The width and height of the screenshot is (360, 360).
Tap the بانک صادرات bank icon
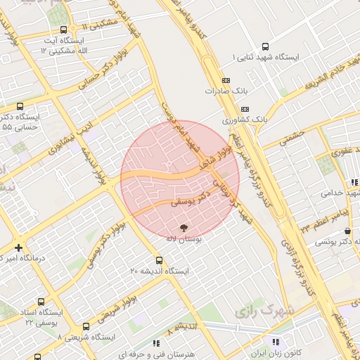pyautogui.click(x=225, y=80)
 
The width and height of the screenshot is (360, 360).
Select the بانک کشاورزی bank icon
pyautogui.click(x=245, y=109)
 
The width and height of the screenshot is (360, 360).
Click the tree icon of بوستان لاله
pyautogui.click(x=184, y=228)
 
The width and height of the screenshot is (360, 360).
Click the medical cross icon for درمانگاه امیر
pyautogui.click(x=18, y=247)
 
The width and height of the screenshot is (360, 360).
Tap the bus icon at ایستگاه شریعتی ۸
pyautogui.click(x=86, y=327)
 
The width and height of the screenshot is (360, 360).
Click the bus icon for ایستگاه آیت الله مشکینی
pyautogui.click(x=64, y=30)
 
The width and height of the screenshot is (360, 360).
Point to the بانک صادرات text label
pyautogui.click(x=219, y=91)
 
